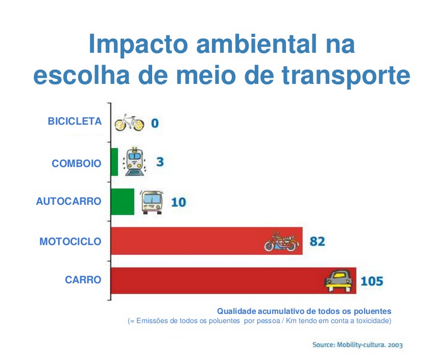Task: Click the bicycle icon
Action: click(x=130, y=123)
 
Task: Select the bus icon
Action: click(x=152, y=201)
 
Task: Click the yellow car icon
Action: click(x=339, y=280)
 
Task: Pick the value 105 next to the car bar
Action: click(x=372, y=280)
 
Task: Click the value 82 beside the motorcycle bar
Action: click(x=317, y=241)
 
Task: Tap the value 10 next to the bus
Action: click(x=178, y=202)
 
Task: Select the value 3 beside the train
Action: click(x=160, y=161)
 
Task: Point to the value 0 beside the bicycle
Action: click(x=155, y=123)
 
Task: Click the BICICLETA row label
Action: click(x=74, y=121)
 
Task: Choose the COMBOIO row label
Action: click(x=76, y=163)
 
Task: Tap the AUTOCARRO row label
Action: click(x=68, y=201)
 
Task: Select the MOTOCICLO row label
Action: click(x=70, y=242)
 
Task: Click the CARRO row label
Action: click(x=83, y=280)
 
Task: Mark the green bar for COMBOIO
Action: click(x=114, y=162)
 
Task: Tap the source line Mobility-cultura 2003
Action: click(x=357, y=344)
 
